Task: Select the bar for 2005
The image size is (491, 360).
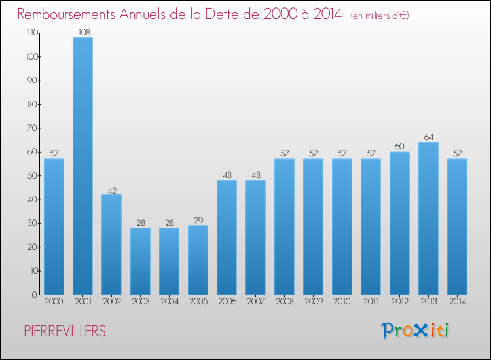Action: pos(198,260)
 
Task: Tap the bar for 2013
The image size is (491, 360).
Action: pos(428,218)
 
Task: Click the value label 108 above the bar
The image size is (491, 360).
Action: pos(82,32)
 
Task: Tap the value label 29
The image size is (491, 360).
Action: pos(198,220)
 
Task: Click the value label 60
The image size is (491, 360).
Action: pos(399,146)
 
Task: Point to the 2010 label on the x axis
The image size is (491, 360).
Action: pos(342,302)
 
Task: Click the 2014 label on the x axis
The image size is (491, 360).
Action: pos(457,302)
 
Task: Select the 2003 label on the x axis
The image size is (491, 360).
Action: pos(140,302)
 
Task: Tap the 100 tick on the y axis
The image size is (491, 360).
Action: pos(30,57)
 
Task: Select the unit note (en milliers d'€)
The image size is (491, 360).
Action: pos(371,15)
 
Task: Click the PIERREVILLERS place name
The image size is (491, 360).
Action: pos(64,332)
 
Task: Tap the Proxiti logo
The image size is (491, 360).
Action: pos(415,331)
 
